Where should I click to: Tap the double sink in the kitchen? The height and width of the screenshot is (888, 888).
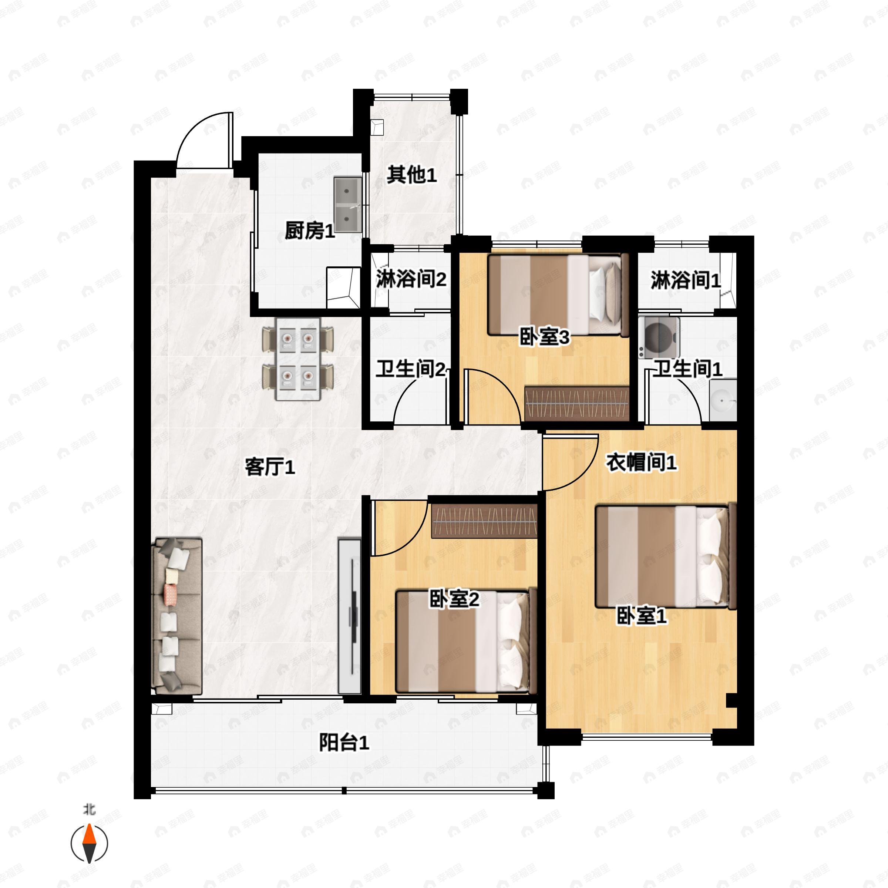(348, 205)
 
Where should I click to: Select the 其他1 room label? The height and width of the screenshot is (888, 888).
(411, 175)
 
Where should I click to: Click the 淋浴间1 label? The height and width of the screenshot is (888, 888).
(685, 280)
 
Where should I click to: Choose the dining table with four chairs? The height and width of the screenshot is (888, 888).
(298, 359)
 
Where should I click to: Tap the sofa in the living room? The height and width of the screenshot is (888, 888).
(176, 616)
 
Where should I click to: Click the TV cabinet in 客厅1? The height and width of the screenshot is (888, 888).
(350, 616)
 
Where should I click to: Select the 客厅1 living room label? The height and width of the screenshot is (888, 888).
(270, 467)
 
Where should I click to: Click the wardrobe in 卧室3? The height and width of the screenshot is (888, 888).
(577, 404)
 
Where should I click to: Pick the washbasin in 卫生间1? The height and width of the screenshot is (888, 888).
(723, 400)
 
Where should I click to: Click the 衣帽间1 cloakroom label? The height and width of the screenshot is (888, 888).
(641, 462)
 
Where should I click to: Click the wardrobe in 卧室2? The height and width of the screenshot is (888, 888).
(484, 521)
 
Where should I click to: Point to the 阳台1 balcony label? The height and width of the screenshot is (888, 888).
(344, 743)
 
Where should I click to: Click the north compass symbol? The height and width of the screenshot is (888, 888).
(89, 844)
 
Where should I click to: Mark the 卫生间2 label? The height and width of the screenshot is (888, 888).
(410, 369)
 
